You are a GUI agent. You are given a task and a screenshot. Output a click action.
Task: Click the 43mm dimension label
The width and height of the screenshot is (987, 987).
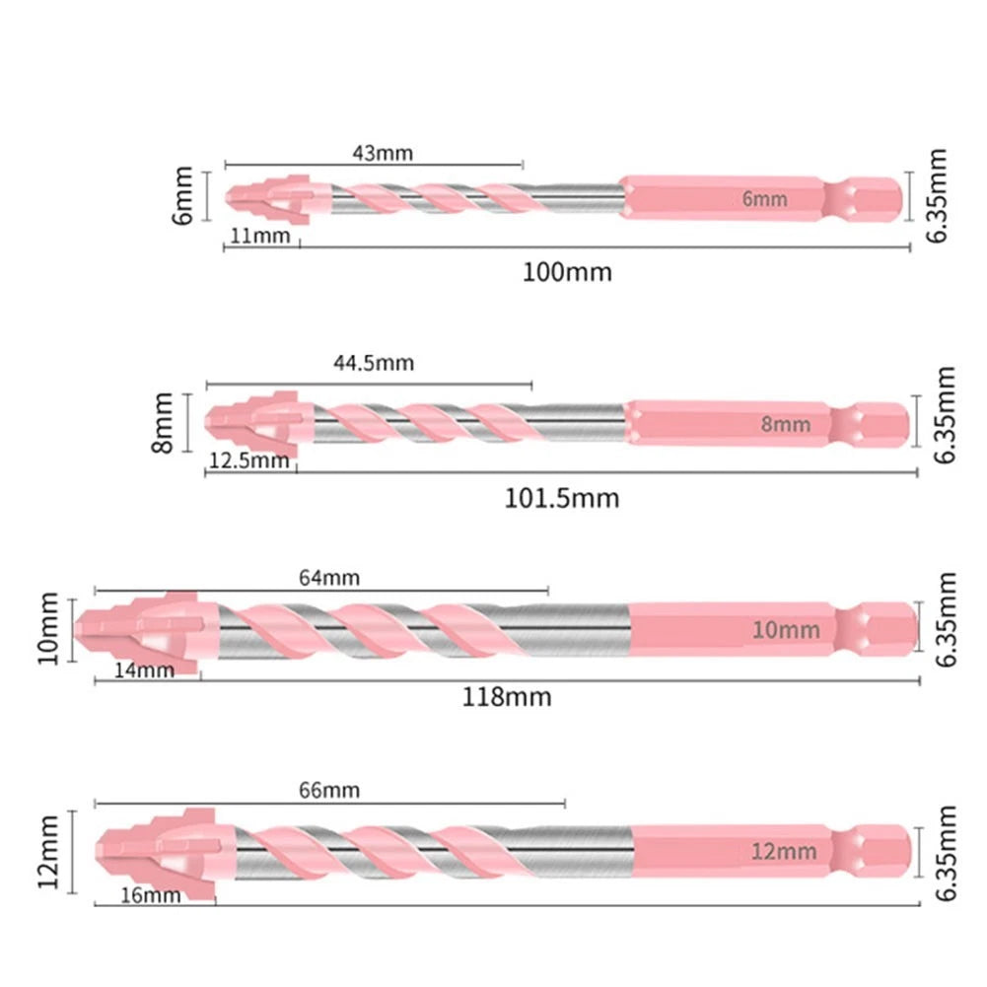tap(383, 153)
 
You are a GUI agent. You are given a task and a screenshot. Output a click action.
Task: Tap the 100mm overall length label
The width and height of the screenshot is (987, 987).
tap(567, 272)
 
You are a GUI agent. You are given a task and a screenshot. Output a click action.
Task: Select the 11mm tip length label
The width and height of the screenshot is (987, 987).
tap(260, 236)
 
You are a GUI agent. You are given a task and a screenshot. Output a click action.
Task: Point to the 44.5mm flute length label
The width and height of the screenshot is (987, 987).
tap(374, 363)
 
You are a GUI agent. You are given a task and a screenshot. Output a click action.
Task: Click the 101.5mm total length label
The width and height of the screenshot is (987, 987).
tap(561, 499)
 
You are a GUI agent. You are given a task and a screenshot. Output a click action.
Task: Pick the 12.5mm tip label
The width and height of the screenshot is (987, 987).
tap(248, 460)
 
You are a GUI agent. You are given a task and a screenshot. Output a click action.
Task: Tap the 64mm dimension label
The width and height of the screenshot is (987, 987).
tap(329, 578)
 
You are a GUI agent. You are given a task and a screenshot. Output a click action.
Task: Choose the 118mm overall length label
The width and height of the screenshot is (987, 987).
tap(507, 697)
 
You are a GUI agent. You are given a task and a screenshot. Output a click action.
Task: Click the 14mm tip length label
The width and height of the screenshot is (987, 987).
tap(144, 670)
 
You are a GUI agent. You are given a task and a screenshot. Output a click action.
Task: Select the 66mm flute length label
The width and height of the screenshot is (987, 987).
tap(329, 790)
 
